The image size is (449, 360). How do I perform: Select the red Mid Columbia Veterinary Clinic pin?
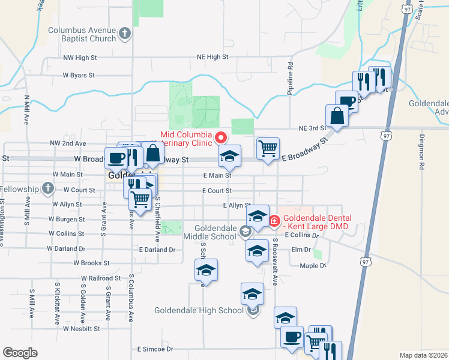coord(222,137)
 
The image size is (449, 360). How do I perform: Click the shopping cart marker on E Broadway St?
coord(268,147)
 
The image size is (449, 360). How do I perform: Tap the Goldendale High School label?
coord(199,310)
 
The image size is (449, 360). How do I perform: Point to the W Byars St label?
coord(79,76)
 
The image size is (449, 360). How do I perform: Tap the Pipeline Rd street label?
coord(291,73)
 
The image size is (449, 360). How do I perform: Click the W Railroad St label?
coord(101,278)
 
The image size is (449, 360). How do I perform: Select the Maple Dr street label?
coord(313,266)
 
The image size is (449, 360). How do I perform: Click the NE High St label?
coord(212,57)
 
